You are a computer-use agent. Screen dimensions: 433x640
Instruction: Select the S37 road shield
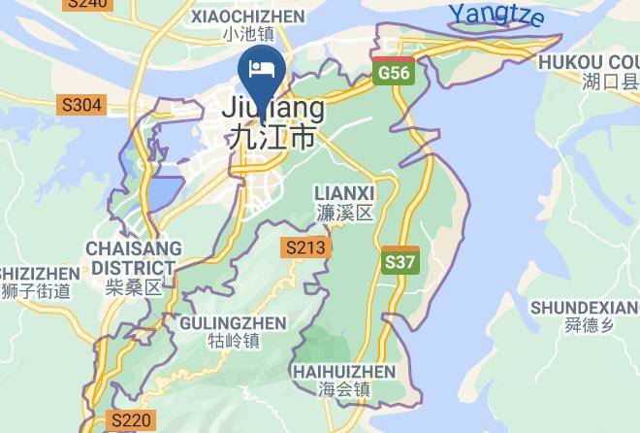pyautogui.click(x=400, y=261)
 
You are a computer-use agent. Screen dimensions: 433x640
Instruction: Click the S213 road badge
pyautogui.click(x=305, y=248)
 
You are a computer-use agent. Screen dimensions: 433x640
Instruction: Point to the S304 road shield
pyautogui.click(x=80, y=104)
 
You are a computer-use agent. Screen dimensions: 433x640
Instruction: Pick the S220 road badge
pyautogui.click(x=130, y=420)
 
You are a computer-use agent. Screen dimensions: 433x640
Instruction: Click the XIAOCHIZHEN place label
pyautogui.click(x=248, y=16)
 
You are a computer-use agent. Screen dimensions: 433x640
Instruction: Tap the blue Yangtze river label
pyautogui.click(x=496, y=15)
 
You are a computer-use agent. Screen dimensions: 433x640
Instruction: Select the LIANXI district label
pyautogui.click(x=345, y=194)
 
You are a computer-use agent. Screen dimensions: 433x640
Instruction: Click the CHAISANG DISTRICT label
pyautogui.click(x=131, y=258)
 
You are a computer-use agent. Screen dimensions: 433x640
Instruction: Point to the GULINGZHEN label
pyautogui.click(x=234, y=323)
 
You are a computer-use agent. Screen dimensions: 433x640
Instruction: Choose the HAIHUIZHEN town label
pyautogui.click(x=344, y=372)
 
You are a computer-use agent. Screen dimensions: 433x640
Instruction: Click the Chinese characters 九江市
pyautogui.click(x=272, y=138)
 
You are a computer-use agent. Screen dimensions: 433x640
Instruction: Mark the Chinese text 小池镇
pyautogui.click(x=248, y=35)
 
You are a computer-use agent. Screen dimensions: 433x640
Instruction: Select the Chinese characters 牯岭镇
pyautogui.click(x=234, y=342)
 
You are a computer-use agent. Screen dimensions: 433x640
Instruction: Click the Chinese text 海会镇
pyautogui.click(x=344, y=390)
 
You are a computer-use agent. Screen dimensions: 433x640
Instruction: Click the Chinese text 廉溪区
pyautogui.click(x=345, y=213)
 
